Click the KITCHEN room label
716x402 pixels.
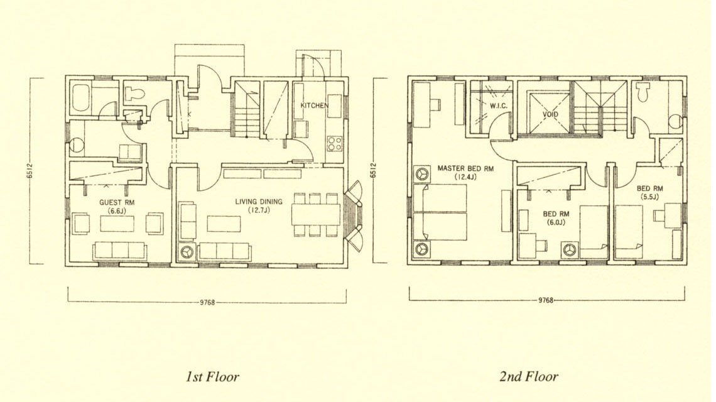314,106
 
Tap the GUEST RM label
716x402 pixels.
117,202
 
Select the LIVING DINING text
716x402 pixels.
259,202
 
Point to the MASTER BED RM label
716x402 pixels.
465,168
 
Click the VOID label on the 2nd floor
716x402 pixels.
550,114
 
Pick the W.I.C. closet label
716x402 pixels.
499,106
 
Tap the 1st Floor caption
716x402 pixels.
212,377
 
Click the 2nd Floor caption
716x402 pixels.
529,376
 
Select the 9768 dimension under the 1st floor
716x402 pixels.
207,302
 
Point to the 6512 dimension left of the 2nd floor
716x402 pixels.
374,170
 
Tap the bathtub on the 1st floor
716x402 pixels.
81,97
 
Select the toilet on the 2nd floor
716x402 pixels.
643,92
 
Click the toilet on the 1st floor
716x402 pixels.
134,93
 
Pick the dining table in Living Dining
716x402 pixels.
316,214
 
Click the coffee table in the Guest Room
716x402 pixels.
117,224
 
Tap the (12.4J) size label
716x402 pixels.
465,177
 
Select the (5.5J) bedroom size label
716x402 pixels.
650,197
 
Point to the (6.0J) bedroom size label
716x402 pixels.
556,222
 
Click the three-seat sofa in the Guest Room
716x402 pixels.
119,251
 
